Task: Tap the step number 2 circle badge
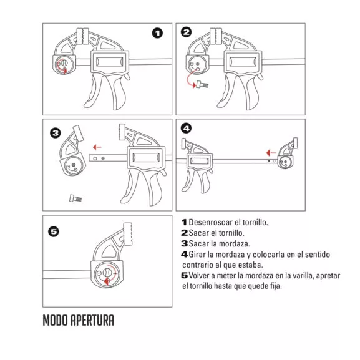[x=186, y=32]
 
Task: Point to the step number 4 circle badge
[x=186, y=129]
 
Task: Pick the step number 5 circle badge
[x=54, y=231]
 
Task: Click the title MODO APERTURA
[x=78, y=321]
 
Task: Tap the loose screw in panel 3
[x=75, y=198]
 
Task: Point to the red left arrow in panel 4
[x=269, y=152]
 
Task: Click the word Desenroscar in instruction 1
[x=212, y=222]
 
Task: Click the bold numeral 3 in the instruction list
[x=184, y=243]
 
